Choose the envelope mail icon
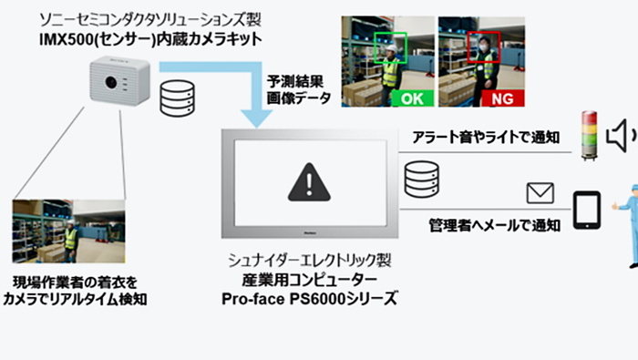(x=540, y=192)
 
